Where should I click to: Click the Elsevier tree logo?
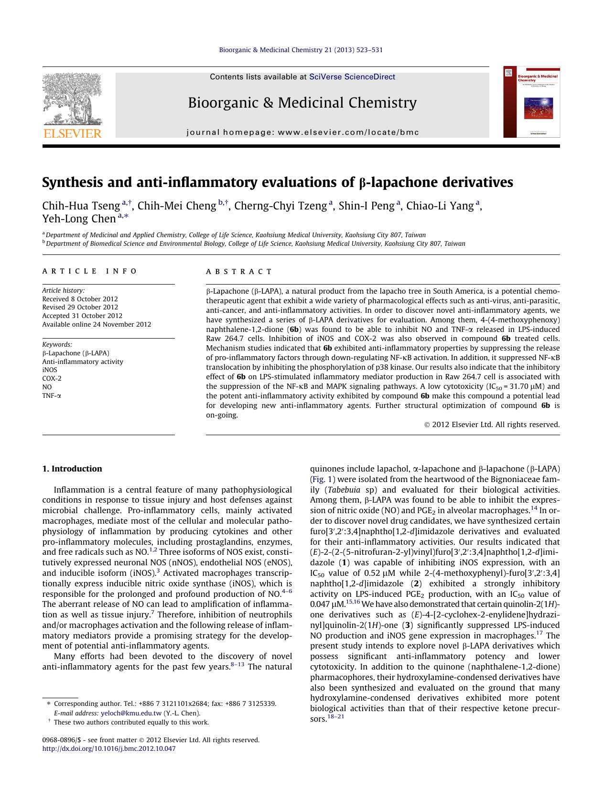(72, 98)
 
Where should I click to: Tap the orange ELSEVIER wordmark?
(73, 133)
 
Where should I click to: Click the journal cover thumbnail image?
(531, 102)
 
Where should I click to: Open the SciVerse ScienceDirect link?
(352, 77)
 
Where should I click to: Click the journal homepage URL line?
(302, 132)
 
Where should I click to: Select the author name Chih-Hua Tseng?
(81, 206)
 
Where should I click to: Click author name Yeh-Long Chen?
(79, 219)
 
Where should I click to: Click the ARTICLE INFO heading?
(89, 271)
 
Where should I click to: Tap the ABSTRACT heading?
(239, 271)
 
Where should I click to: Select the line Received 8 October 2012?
(80, 299)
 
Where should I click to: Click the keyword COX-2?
(52, 378)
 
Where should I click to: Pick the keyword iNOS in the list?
(50, 370)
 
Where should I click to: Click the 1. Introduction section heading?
(72, 469)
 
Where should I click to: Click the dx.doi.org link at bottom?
(109, 748)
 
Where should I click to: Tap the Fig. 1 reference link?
(323, 479)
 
